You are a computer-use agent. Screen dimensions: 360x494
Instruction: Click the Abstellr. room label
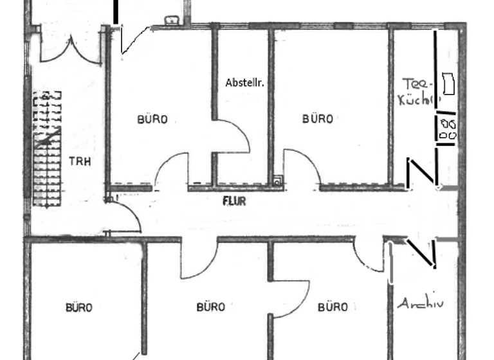pos(245,83)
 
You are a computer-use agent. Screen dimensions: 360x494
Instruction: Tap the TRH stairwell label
pos(80,161)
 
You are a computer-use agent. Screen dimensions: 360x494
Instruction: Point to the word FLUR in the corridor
pos(234,201)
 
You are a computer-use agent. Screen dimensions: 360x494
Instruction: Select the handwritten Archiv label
pos(421,303)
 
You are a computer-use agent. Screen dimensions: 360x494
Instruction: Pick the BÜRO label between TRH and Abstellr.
pos(152,119)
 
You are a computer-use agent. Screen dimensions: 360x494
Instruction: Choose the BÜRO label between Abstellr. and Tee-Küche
pos(318,119)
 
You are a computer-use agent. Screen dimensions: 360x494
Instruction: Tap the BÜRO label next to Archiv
pos(333,307)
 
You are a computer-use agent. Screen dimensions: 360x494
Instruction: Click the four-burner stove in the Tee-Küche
pos(448,128)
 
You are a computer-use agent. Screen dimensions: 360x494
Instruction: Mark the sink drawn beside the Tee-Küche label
pos(448,84)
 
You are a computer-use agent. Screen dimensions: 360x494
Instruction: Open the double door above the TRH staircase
pos(70,48)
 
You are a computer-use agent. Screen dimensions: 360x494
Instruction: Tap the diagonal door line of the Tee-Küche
pos(423,172)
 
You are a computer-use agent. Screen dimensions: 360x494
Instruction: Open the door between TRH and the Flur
pos(125,215)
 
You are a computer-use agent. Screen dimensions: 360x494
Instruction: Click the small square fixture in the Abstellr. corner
pos(277,181)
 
